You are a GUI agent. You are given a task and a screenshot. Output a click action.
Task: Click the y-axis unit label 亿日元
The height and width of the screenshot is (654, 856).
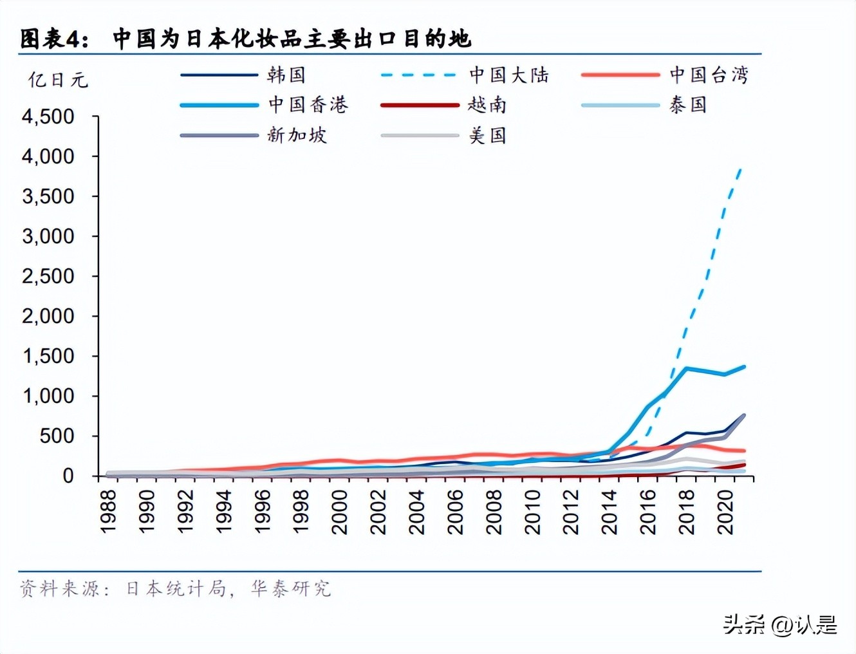click(58, 80)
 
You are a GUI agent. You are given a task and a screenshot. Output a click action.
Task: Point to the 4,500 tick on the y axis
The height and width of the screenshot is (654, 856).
click(48, 117)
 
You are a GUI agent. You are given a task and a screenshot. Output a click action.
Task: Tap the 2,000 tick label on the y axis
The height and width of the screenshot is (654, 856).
click(48, 316)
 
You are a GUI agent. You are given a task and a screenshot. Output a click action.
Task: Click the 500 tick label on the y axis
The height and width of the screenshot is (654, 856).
click(57, 436)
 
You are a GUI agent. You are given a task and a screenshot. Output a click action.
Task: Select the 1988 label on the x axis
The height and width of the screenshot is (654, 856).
click(108, 511)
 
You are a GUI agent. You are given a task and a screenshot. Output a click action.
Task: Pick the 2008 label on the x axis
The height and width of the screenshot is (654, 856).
click(494, 511)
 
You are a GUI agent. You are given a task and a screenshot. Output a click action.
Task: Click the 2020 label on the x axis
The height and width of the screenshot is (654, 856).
click(725, 511)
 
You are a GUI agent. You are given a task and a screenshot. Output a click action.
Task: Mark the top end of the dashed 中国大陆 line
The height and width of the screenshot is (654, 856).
click(741, 169)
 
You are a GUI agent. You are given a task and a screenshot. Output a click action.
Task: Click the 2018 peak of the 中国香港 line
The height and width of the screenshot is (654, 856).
click(687, 368)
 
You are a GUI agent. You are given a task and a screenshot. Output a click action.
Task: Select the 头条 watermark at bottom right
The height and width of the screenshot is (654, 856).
click(743, 624)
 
